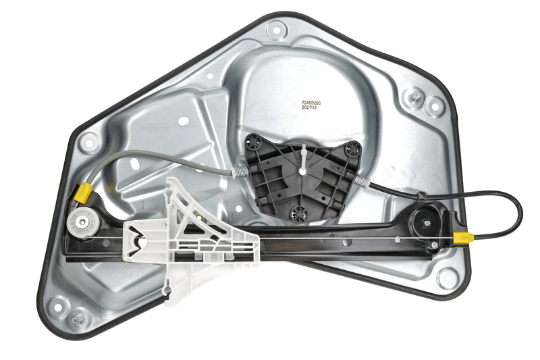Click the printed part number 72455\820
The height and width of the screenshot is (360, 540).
click(x=311, y=103)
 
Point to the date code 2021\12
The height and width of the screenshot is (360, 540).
click(x=309, y=108)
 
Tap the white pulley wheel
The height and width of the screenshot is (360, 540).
click(x=82, y=222)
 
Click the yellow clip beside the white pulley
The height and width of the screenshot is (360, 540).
click(x=83, y=193)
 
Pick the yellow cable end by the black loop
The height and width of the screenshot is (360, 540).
click(x=463, y=238)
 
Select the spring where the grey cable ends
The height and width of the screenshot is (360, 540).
click(x=242, y=171)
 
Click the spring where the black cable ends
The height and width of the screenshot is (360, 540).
click(x=362, y=181)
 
